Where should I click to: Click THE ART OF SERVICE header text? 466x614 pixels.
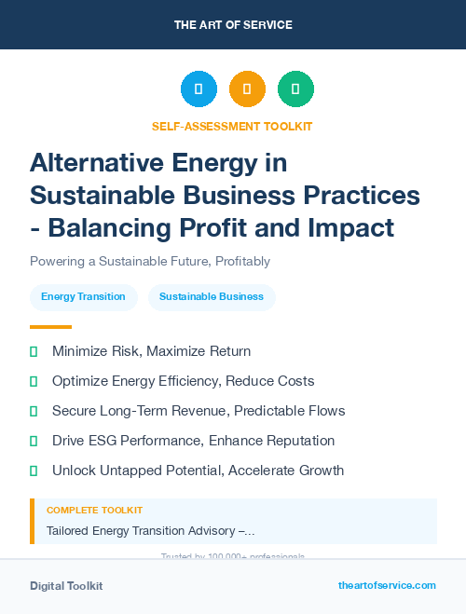tap(233, 24)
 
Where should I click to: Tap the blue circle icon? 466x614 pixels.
tap(199, 89)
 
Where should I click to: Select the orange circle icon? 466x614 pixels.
tap(247, 89)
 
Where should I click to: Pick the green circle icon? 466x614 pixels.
tap(295, 89)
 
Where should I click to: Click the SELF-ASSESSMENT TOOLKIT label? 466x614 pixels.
tap(232, 126)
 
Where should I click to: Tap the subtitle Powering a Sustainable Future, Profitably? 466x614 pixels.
tap(150, 262)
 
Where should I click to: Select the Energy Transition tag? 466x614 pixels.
tap(83, 297)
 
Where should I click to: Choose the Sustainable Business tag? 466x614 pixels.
tap(212, 297)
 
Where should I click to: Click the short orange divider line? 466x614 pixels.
tap(50, 327)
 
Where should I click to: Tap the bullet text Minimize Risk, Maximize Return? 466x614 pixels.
tap(151, 351)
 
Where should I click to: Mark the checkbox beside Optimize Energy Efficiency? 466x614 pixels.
tap(34, 381)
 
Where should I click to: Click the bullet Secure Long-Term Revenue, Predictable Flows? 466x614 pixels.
tap(199, 411)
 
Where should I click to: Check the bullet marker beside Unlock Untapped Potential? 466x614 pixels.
tap(34, 471)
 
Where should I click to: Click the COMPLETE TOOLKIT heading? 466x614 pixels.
tap(94, 511)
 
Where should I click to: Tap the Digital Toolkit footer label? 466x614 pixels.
tap(66, 586)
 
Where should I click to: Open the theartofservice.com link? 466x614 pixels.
tap(387, 585)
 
